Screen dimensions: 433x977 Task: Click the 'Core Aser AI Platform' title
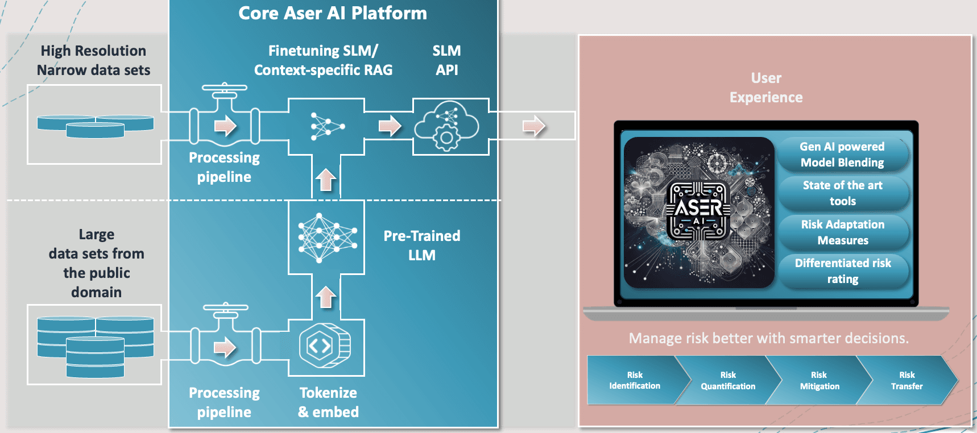click(333, 13)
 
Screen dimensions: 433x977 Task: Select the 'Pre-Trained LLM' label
click(421, 245)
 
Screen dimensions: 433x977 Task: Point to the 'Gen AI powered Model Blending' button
click(842, 155)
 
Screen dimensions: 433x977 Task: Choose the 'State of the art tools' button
click(842, 193)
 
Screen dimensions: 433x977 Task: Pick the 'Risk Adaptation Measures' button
click(842, 232)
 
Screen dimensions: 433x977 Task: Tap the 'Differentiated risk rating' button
click(842, 271)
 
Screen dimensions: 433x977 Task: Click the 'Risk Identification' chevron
click(635, 380)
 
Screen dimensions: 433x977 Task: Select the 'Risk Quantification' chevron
click(728, 380)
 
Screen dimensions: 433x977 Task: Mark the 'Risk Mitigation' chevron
click(819, 380)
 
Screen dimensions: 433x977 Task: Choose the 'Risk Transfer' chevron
click(907, 380)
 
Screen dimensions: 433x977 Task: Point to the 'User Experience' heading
click(766, 88)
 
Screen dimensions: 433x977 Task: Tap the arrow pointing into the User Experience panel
click(534, 126)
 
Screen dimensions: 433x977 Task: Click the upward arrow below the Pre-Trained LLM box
click(326, 297)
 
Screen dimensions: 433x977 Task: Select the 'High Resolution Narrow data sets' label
click(94, 60)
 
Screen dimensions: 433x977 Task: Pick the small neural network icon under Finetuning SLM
click(327, 126)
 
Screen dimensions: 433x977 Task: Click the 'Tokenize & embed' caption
click(328, 402)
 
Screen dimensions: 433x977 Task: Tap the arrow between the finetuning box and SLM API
click(390, 126)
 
